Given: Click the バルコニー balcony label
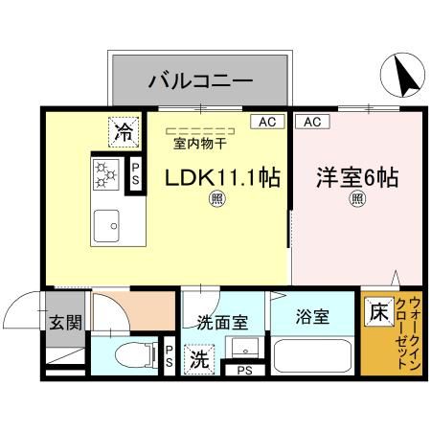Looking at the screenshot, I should [199, 80].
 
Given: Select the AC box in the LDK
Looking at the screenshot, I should [266, 122].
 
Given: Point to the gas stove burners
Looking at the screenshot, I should [105, 172].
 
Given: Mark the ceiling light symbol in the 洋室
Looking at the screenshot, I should [356, 199].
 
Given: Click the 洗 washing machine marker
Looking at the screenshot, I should [198, 361].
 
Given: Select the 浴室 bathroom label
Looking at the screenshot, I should [312, 316].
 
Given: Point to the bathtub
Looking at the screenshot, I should [313, 358].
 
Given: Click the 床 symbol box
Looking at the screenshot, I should [377, 313].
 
